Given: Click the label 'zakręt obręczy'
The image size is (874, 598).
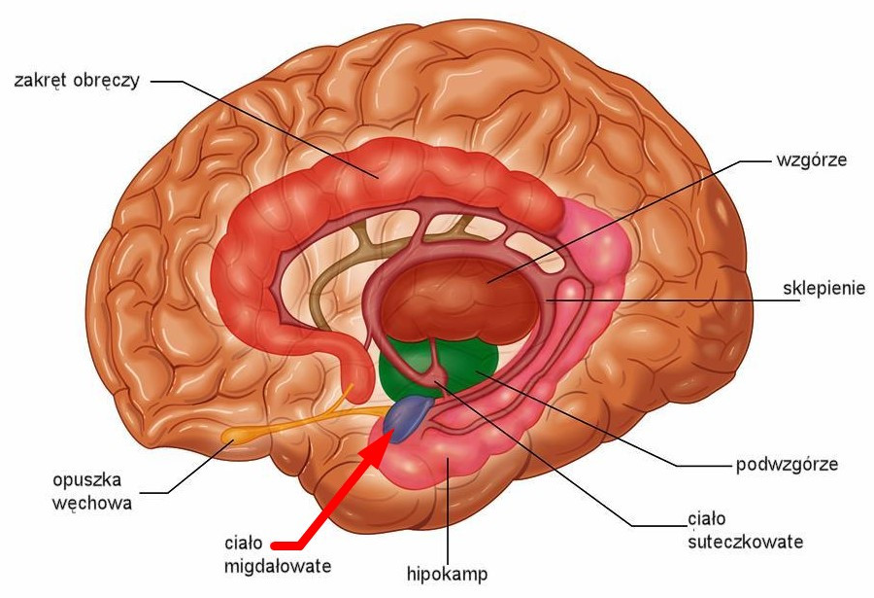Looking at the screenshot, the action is tap(77, 81).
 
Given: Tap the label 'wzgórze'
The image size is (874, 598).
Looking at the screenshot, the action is tap(812, 160).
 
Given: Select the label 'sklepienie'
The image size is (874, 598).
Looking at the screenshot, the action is tap(824, 288).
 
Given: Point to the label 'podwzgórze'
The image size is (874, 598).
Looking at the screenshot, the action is tap(787, 465).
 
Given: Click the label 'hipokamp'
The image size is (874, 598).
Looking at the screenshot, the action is tap(447, 574).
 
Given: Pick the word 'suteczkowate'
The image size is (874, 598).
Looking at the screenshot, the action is tap(745, 542).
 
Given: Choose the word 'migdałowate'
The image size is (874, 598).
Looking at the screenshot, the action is tap(278, 566).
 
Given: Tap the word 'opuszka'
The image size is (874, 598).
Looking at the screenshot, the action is tap(87, 480).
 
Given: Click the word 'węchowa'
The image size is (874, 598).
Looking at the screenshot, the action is tap(92, 504).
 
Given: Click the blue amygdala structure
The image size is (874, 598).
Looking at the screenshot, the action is tap(409, 418).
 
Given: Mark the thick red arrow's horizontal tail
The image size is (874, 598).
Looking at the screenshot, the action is tap(286, 544).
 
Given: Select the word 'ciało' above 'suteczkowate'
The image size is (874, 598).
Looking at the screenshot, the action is tap(707, 519).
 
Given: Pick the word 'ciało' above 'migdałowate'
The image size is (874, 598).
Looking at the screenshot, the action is tap(244, 543).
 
